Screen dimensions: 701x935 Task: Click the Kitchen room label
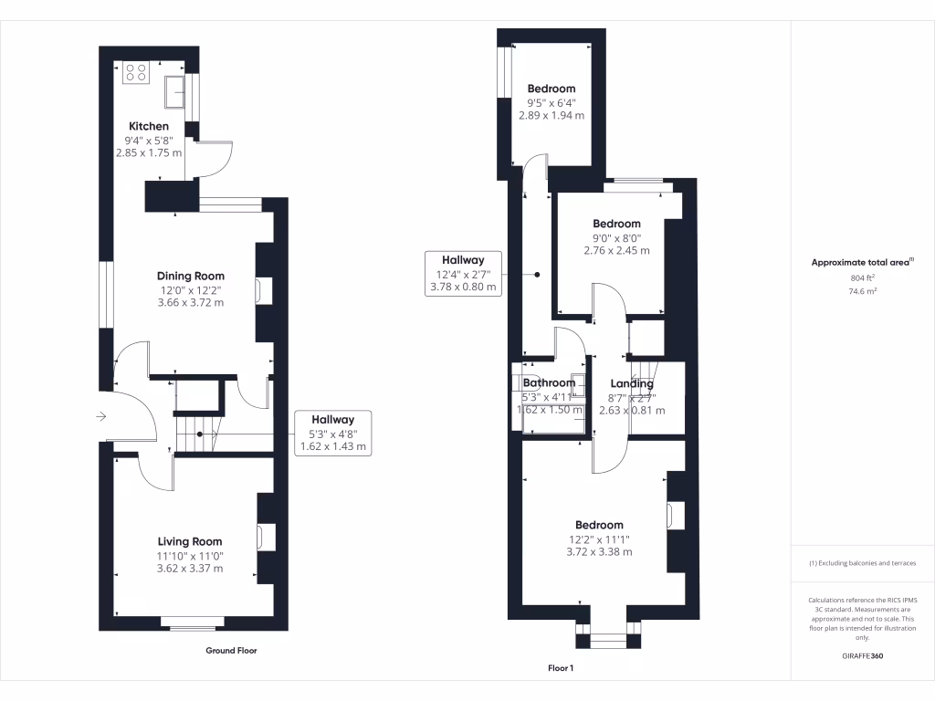[149, 126]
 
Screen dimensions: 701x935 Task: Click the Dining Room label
[190, 276]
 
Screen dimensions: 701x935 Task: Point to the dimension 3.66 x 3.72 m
[190, 302]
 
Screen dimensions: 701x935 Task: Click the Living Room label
[190, 541]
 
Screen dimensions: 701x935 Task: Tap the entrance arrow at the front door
[100, 417]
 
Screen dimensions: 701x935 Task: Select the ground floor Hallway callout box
[332, 433]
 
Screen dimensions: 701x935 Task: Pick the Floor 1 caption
[561, 668]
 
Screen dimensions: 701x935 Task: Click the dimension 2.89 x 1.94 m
[552, 116]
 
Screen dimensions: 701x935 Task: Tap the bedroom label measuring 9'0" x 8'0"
[616, 224]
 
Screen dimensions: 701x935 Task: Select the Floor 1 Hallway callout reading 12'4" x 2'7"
[463, 273]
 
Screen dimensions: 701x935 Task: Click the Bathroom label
[549, 383]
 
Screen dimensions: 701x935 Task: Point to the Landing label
[631, 384]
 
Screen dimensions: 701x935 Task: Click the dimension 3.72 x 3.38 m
[599, 551]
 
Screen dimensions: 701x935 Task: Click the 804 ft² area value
[862, 277]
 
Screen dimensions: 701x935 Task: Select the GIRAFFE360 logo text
[863, 656]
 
